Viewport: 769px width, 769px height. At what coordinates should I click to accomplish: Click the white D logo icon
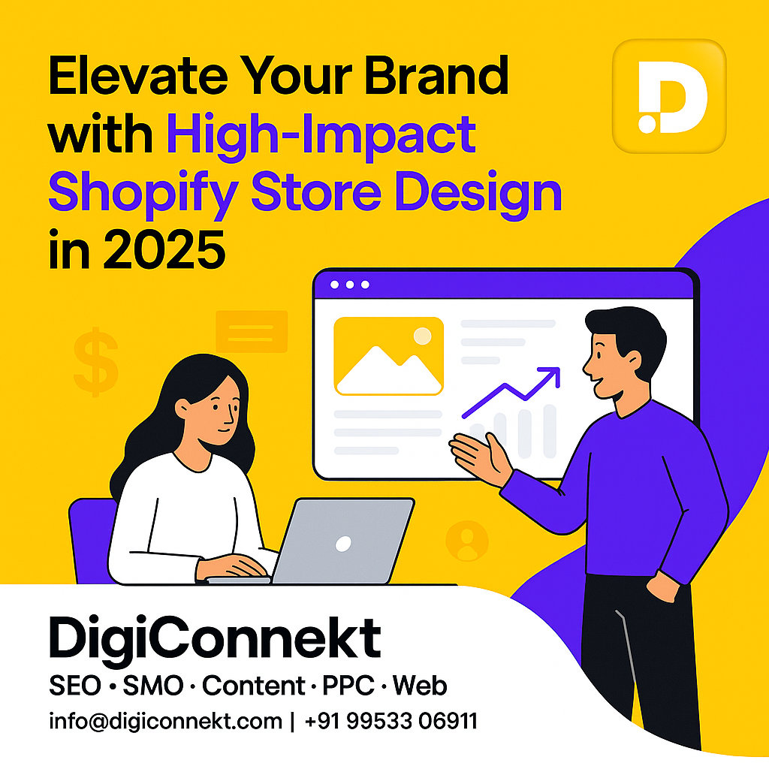coord(672,98)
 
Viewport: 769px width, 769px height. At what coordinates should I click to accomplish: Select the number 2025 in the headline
coord(164,249)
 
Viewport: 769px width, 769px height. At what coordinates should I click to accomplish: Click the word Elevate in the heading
coord(138,75)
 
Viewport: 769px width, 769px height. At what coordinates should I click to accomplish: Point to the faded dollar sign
coord(96,362)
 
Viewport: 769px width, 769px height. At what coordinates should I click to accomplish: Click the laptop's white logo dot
coord(343,544)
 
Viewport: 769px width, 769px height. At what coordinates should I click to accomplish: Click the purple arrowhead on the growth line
coord(550,376)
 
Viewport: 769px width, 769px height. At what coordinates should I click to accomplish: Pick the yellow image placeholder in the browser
coord(388,356)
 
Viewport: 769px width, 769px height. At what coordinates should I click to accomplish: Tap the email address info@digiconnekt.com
coord(166,722)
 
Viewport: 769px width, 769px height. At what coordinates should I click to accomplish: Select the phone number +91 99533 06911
coord(391,721)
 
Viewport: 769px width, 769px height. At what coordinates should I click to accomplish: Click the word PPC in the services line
coord(348,685)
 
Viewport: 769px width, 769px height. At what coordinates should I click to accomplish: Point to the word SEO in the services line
coord(75,685)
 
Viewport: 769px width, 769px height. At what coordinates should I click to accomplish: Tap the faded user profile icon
coord(467,541)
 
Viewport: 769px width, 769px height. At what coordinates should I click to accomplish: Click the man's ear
coord(633,360)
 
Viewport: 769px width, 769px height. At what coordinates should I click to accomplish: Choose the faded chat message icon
coord(252,331)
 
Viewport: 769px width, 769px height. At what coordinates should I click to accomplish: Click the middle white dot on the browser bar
coord(350,285)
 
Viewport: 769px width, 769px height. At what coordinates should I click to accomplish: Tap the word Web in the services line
coord(420,685)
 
